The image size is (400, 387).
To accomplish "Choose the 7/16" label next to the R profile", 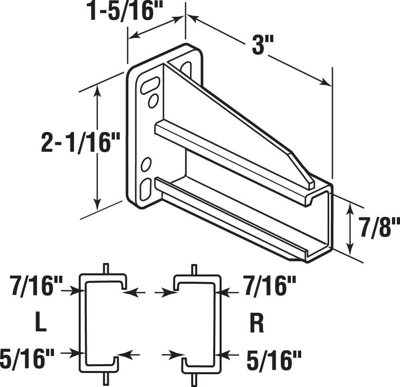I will pyautogui.click(x=268, y=287).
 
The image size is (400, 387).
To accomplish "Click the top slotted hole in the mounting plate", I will pyautogui.click(x=150, y=85).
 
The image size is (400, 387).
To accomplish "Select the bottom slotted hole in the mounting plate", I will pyautogui.click(x=146, y=188).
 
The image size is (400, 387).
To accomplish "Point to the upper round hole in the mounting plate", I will pyautogui.click(x=153, y=100).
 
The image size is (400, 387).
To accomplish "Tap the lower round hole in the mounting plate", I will pyautogui.click(x=146, y=164).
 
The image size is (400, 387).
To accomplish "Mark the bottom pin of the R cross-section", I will pyautogui.click(x=194, y=379).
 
